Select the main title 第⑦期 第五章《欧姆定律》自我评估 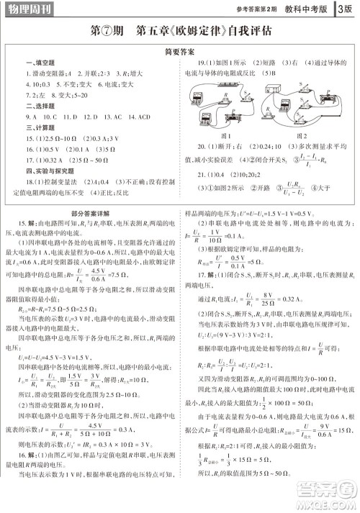click(x=180, y=32)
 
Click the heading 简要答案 click(x=180, y=53)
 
